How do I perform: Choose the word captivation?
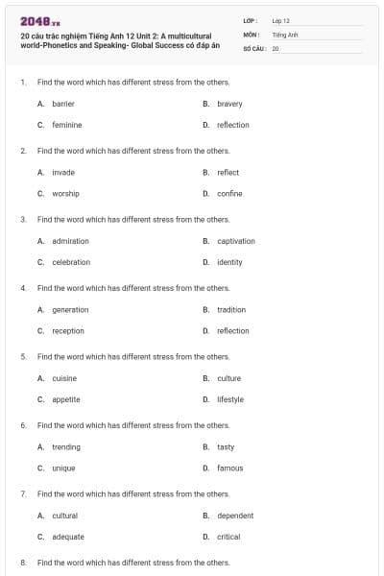pos(236,241)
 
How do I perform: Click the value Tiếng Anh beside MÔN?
pos(285,34)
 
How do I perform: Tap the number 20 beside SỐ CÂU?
pos(276,48)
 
